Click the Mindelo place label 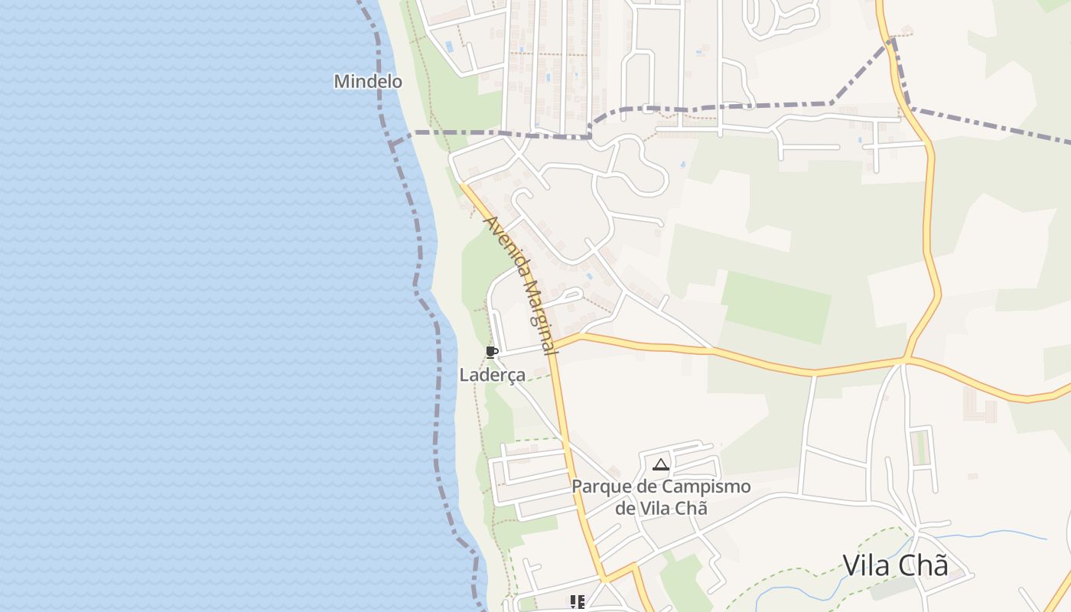(x=367, y=81)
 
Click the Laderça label (x=492, y=375)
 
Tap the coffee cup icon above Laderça (x=492, y=352)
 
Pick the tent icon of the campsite (x=661, y=464)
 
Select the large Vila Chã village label (x=895, y=565)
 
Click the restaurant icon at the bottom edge (x=577, y=602)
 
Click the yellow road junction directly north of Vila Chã (x=906, y=358)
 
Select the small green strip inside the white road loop (x=921, y=448)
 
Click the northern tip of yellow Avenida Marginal (x=462, y=184)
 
